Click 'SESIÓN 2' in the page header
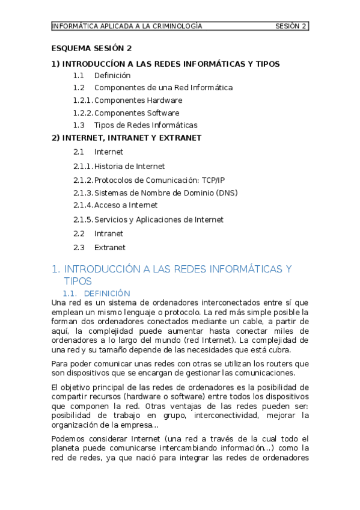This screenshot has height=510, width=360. [x=291, y=26]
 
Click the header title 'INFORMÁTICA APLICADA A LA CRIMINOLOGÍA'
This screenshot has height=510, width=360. [x=127, y=26]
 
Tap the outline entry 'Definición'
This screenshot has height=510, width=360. [x=112, y=75]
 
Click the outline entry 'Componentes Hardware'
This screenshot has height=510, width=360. [x=138, y=100]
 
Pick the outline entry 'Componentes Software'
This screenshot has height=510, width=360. [x=136, y=113]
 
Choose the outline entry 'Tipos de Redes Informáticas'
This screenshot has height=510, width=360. [x=145, y=125]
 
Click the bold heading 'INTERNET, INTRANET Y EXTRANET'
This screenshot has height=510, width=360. [x=132, y=138]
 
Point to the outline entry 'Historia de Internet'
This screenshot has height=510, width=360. [x=129, y=166]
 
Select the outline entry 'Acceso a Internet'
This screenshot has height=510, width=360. [x=126, y=205]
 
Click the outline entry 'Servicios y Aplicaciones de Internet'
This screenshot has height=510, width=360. [x=159, y=220]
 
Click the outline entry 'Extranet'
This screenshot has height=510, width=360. [x=110, y=247]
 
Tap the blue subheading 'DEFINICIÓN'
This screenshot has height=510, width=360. [x=107, y=293]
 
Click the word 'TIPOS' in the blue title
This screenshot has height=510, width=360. [x=78, y=281]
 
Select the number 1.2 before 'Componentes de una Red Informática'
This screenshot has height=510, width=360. [x=79, y=88]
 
